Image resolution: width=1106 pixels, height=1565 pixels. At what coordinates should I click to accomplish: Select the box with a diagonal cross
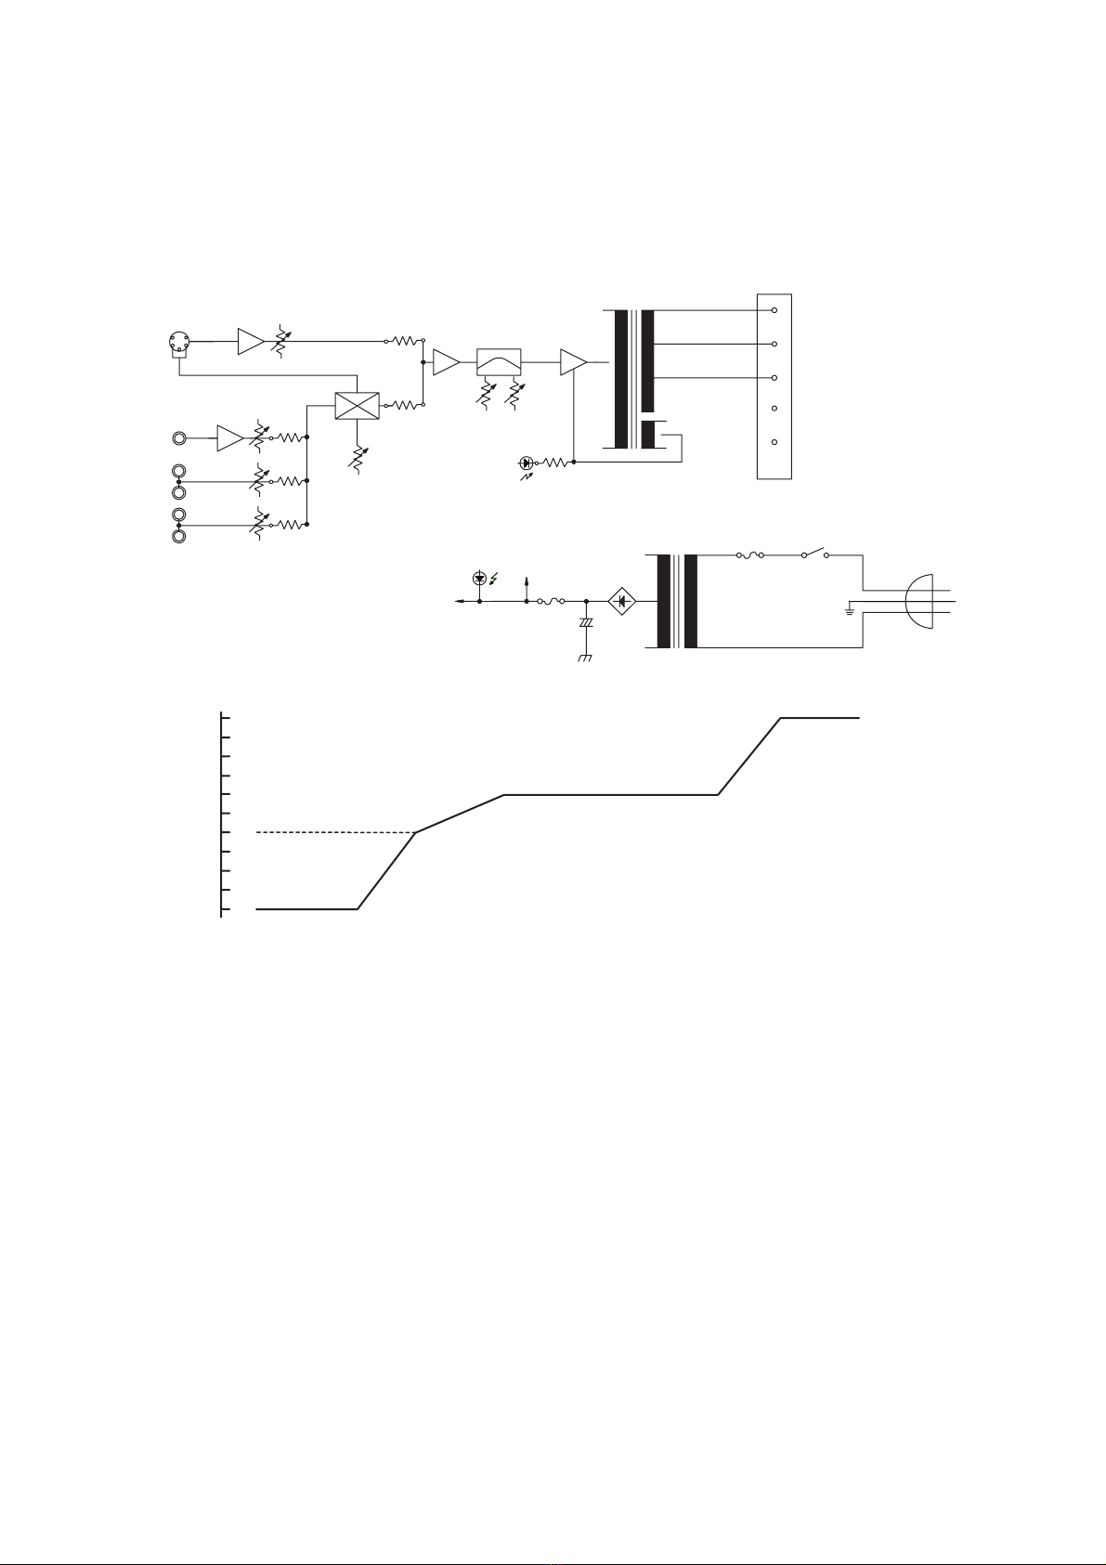click(x=358, y=405)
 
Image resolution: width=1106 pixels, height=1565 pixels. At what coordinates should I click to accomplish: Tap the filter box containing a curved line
click(x=499, y=361)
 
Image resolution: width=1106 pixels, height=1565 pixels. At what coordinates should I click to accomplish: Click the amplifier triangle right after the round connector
click(x=250, y=342)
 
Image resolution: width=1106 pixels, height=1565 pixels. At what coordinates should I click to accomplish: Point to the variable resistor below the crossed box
click(x=358, y=459)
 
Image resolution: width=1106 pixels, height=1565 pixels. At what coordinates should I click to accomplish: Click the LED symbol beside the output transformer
click(x=527, y=462)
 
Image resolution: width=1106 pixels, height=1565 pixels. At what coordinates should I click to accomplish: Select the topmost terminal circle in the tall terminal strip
click(x=774, y=310)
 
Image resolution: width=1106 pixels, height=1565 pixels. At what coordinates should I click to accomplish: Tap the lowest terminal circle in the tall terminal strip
click(x=774, y=442)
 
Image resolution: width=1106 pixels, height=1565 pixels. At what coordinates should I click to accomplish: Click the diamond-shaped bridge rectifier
click(x=621, y=602)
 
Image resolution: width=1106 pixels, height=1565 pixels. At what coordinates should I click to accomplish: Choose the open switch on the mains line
click(x=816, y=554)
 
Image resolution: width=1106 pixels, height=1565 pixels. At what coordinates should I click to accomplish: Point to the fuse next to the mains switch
click(x=749, y=555)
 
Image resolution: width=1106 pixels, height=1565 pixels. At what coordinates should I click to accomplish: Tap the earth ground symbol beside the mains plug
click(x=849, y=611)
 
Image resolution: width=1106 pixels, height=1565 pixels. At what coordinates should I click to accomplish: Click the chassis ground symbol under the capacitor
click(x=585, y=658)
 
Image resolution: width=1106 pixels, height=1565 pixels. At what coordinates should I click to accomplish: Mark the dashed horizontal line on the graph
click(x=334, y=832)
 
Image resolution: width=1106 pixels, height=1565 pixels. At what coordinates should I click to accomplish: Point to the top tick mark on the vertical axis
click(x=225, y=718)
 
